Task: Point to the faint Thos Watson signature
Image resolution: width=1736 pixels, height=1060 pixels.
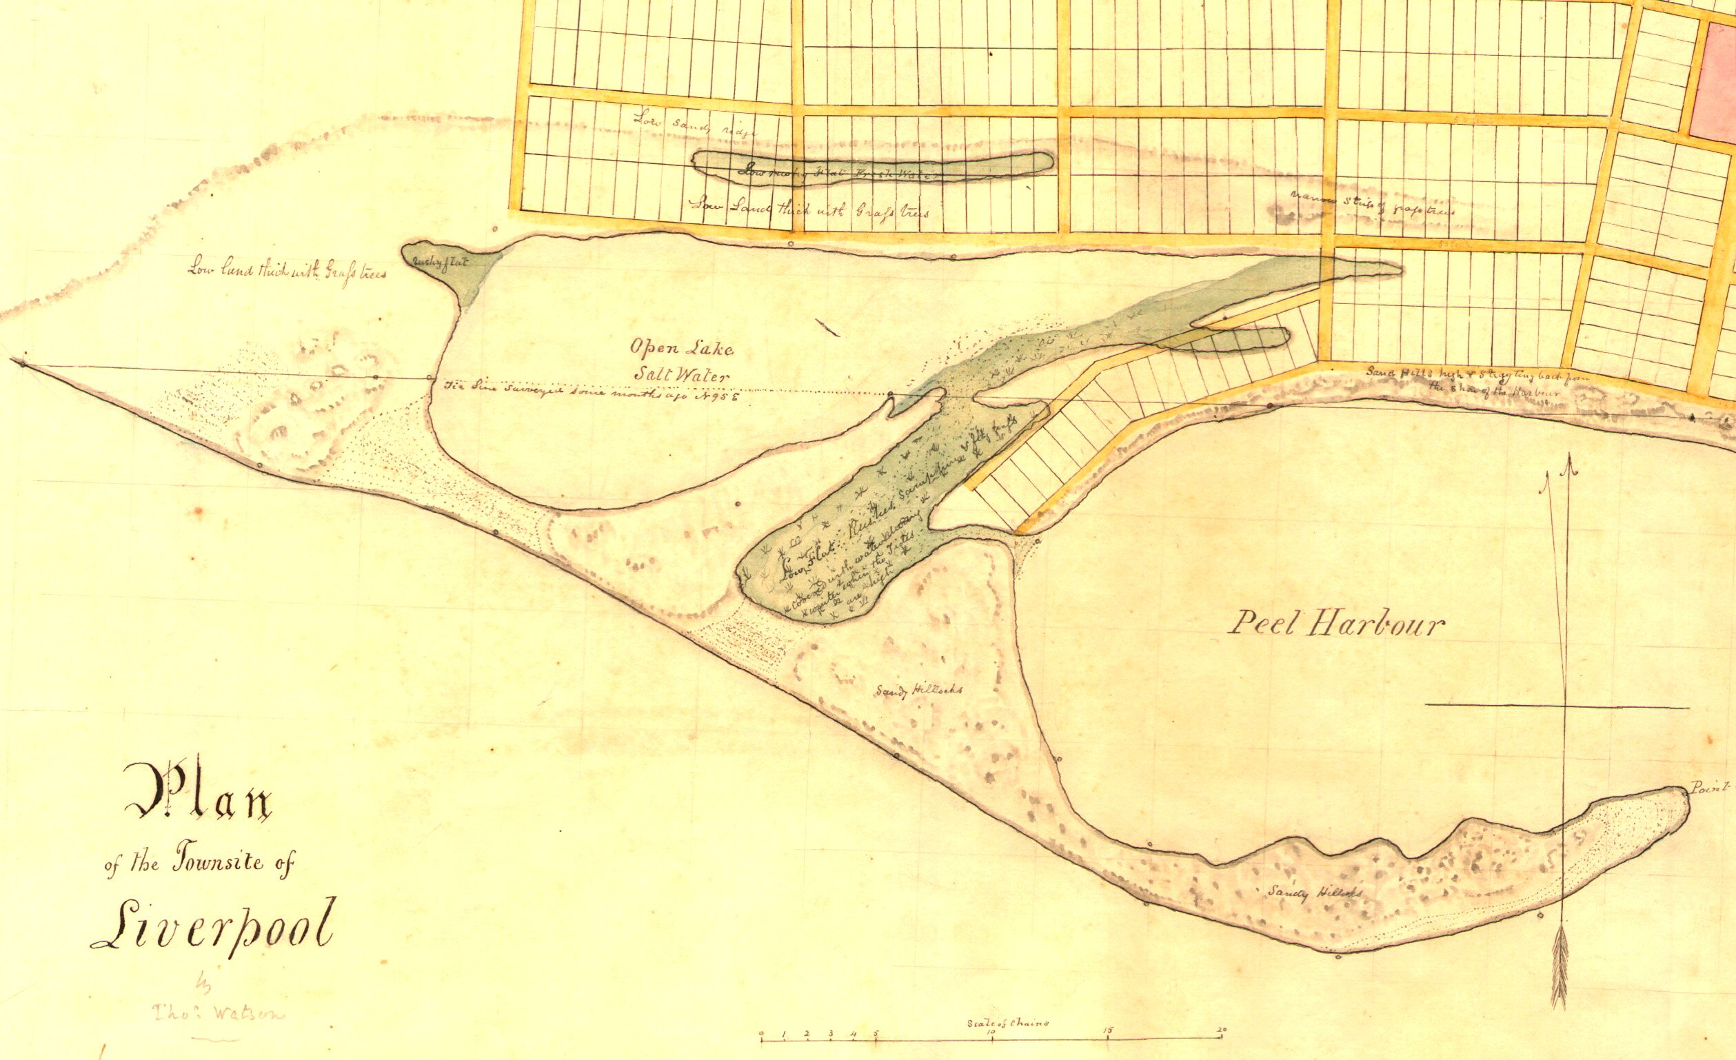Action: pos(219,1015)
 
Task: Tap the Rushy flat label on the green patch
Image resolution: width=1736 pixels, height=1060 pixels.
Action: pos(440,261)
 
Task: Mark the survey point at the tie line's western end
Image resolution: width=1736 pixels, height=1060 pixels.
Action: pos(23,363)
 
